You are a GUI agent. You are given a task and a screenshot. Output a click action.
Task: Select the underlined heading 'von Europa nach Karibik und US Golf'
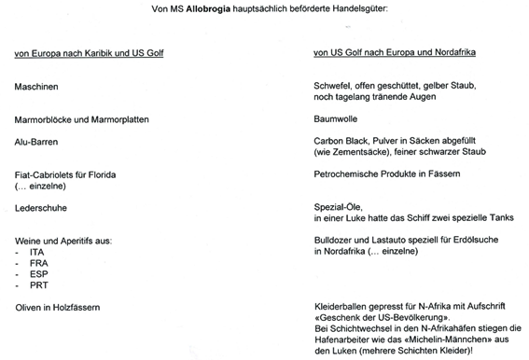(x=90, y=53)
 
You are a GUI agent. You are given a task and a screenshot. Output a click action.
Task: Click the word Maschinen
(x=35, y=86)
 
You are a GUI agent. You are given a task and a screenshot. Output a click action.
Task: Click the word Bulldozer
(x=335, y=241)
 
